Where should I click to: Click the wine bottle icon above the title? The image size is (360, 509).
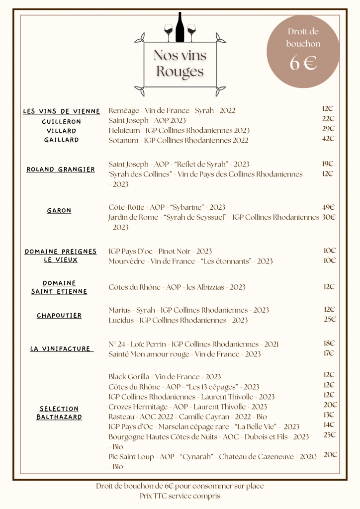click(180, 28)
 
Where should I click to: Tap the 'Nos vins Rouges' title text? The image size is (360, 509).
click(180, 63)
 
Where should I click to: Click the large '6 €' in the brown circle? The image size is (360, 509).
click(303, 64)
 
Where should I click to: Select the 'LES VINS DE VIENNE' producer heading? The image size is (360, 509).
click(62, 111)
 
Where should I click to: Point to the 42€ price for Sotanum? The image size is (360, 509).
click(328, 139)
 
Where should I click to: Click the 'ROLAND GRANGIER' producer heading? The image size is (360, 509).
click(61, 170)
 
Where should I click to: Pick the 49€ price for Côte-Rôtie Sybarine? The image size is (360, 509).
click(329, 207)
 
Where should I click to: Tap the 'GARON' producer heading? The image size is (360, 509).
click(59, 211)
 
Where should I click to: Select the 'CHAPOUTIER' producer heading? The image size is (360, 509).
click(59, 316)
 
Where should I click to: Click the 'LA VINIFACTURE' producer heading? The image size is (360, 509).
click(60, 349)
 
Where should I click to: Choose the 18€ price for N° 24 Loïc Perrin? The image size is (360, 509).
click(329, 343)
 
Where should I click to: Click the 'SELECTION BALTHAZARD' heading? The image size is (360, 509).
click(59, 413)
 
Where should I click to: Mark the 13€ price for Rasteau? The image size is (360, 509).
click(329, 415)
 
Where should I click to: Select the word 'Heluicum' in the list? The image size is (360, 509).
click(124, 130)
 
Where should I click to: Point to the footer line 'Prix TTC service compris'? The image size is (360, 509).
click(180, 496)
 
